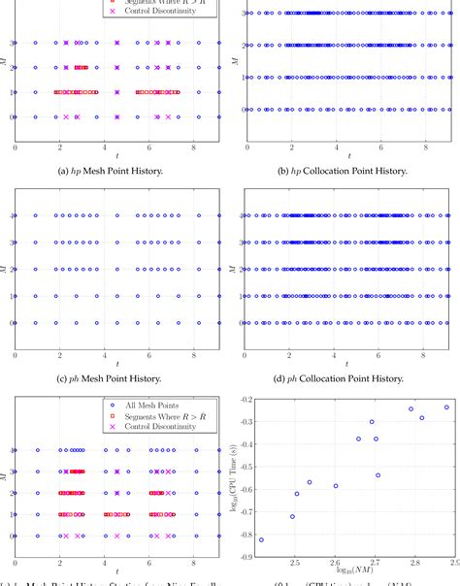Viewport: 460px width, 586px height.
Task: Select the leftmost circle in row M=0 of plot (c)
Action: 15,323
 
